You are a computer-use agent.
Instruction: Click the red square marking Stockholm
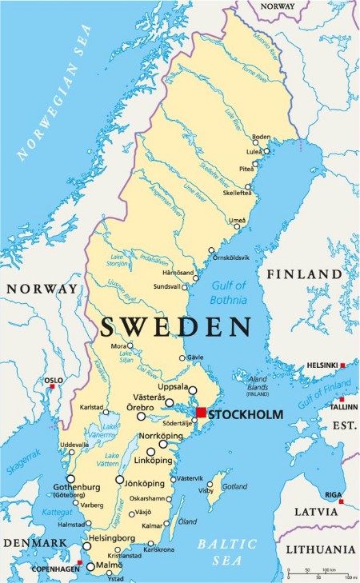coord(201,413)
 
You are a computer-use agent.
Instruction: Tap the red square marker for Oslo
coord(53,387)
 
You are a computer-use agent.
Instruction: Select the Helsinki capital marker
coord(342,365)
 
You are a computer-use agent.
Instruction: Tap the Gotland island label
coord(234,486)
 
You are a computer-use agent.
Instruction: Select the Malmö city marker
coord(90,566)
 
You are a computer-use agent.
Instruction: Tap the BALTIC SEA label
coord(228,551)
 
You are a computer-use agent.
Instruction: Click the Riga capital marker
coord(341,501)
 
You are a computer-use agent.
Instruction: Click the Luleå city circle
coord(267,150)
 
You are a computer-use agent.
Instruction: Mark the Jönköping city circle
coord(120,481)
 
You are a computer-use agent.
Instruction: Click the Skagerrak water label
coord(22,463)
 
